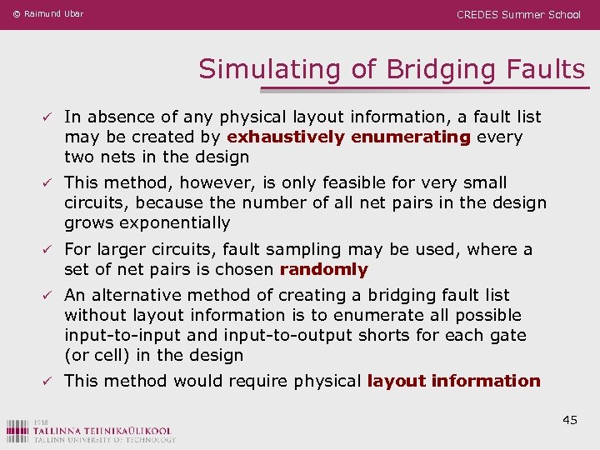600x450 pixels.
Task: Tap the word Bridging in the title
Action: click(x=439, y=69)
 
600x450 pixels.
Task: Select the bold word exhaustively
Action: click(x=287, y=137)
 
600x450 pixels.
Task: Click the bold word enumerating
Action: click(x=411, y=137)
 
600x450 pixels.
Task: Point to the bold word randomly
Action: click(x=323, y=269)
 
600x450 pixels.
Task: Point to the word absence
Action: click(x=120, y=117)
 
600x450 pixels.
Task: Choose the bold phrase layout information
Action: click(x=453, y=381)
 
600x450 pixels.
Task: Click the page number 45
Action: click(x=570, y=420)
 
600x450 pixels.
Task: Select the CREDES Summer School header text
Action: click(x=518, y=15)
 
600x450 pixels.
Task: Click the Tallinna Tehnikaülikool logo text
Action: click(x=92, y=431)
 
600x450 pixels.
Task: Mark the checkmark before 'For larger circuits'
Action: click(x=51, y=250)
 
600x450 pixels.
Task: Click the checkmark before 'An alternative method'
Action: click(x=51, y=296)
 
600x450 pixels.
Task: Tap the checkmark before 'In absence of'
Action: click(x=51, y=117)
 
